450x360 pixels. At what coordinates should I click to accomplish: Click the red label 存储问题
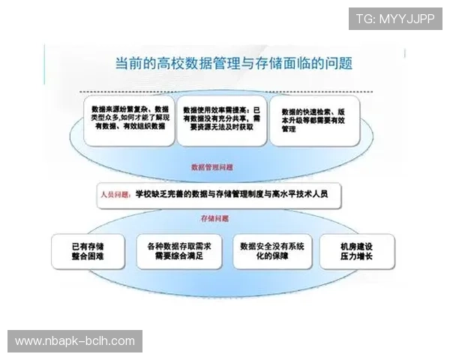pyautogui.click(x=214, y=218)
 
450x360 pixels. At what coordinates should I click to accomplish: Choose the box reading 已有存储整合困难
pyautogui.click(x=87, y=250)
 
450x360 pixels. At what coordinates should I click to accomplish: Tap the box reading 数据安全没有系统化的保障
pyautogui.click(x=271, y=250)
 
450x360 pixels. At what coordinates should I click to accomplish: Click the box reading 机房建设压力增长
pyautogui.click(x=356, y=250)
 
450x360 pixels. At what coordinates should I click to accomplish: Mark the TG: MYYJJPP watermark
pyautogui.click(x=394, y=19)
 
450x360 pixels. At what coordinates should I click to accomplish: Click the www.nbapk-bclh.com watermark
pyautogui.click(x=75, y=341)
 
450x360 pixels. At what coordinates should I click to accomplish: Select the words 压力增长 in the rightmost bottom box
pyautogui.click(x=356, y=256)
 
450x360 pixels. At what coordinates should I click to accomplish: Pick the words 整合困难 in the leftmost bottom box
pyautogui.click(x=87, y=256)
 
